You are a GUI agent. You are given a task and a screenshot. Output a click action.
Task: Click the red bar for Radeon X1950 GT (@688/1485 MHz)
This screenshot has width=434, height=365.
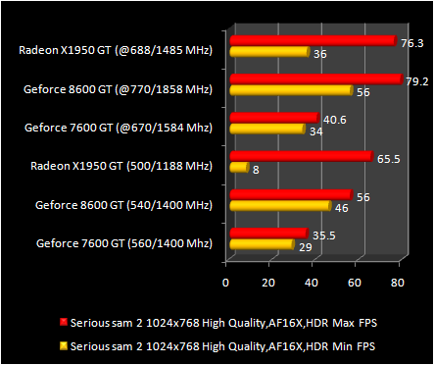(x=312, y=41)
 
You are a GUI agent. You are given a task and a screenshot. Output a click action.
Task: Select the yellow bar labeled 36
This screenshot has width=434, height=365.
(x=268, y=52)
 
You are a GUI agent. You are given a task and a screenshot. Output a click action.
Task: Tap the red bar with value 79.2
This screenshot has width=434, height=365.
(x=315, y=79)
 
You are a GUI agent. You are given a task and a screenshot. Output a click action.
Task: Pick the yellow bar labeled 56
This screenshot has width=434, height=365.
(x=290, y=90)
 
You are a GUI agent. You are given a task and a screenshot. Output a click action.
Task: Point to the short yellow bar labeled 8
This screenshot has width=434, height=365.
(x=238, y=168)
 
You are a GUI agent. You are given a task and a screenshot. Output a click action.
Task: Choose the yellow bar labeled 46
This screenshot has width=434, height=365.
(x=279, y=206)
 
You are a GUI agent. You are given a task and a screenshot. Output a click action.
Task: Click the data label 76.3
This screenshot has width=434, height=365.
(x=411, y=43)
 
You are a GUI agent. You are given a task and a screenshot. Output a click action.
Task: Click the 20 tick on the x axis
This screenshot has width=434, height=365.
(x=268, y=283)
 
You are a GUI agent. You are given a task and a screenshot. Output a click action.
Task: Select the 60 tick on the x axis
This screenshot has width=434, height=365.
(x=354, y=283)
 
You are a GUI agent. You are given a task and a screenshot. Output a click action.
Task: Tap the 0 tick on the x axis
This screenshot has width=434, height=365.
(x=226, y=283)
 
